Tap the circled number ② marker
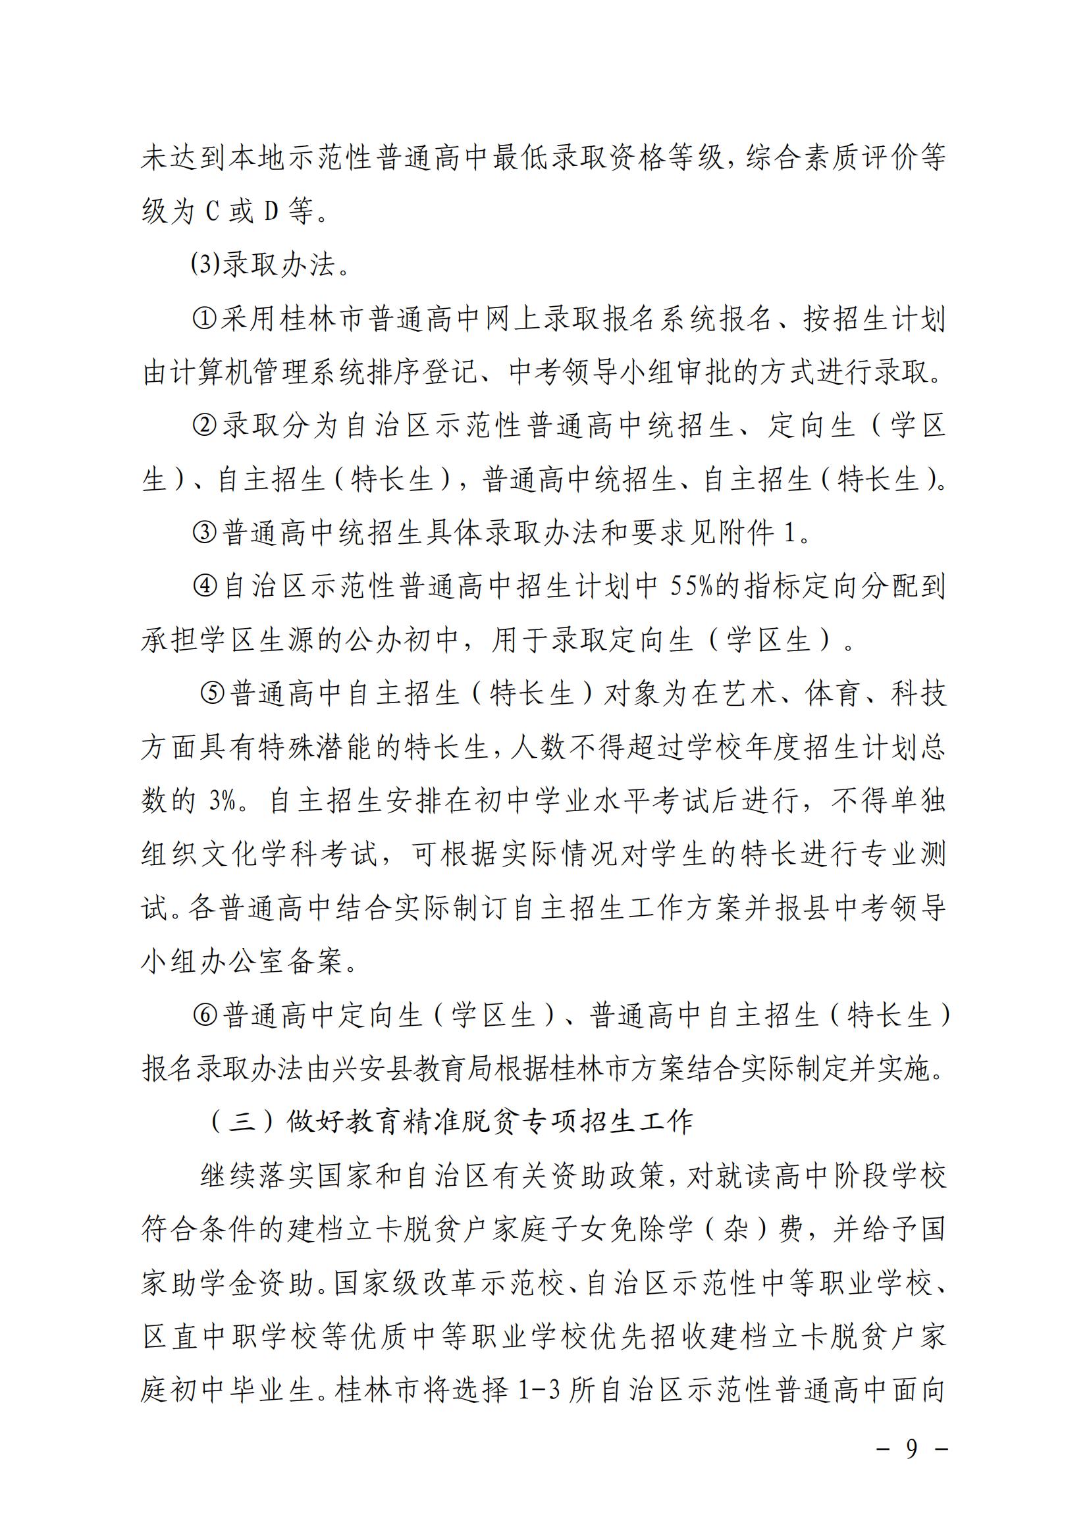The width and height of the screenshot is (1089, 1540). (204, 426)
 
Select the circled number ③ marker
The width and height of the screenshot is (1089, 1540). (204, 533)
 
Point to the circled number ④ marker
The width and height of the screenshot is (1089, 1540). (204, 587)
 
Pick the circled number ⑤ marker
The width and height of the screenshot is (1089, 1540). (213, 694)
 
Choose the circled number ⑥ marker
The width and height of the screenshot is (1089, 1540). (204, 1015)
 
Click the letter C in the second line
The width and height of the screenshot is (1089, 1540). (212, 212)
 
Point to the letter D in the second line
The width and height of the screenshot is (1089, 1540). (271, 212)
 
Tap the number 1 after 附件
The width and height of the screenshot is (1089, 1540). (789, 533)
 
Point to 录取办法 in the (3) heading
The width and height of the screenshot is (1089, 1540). (279, 265)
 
